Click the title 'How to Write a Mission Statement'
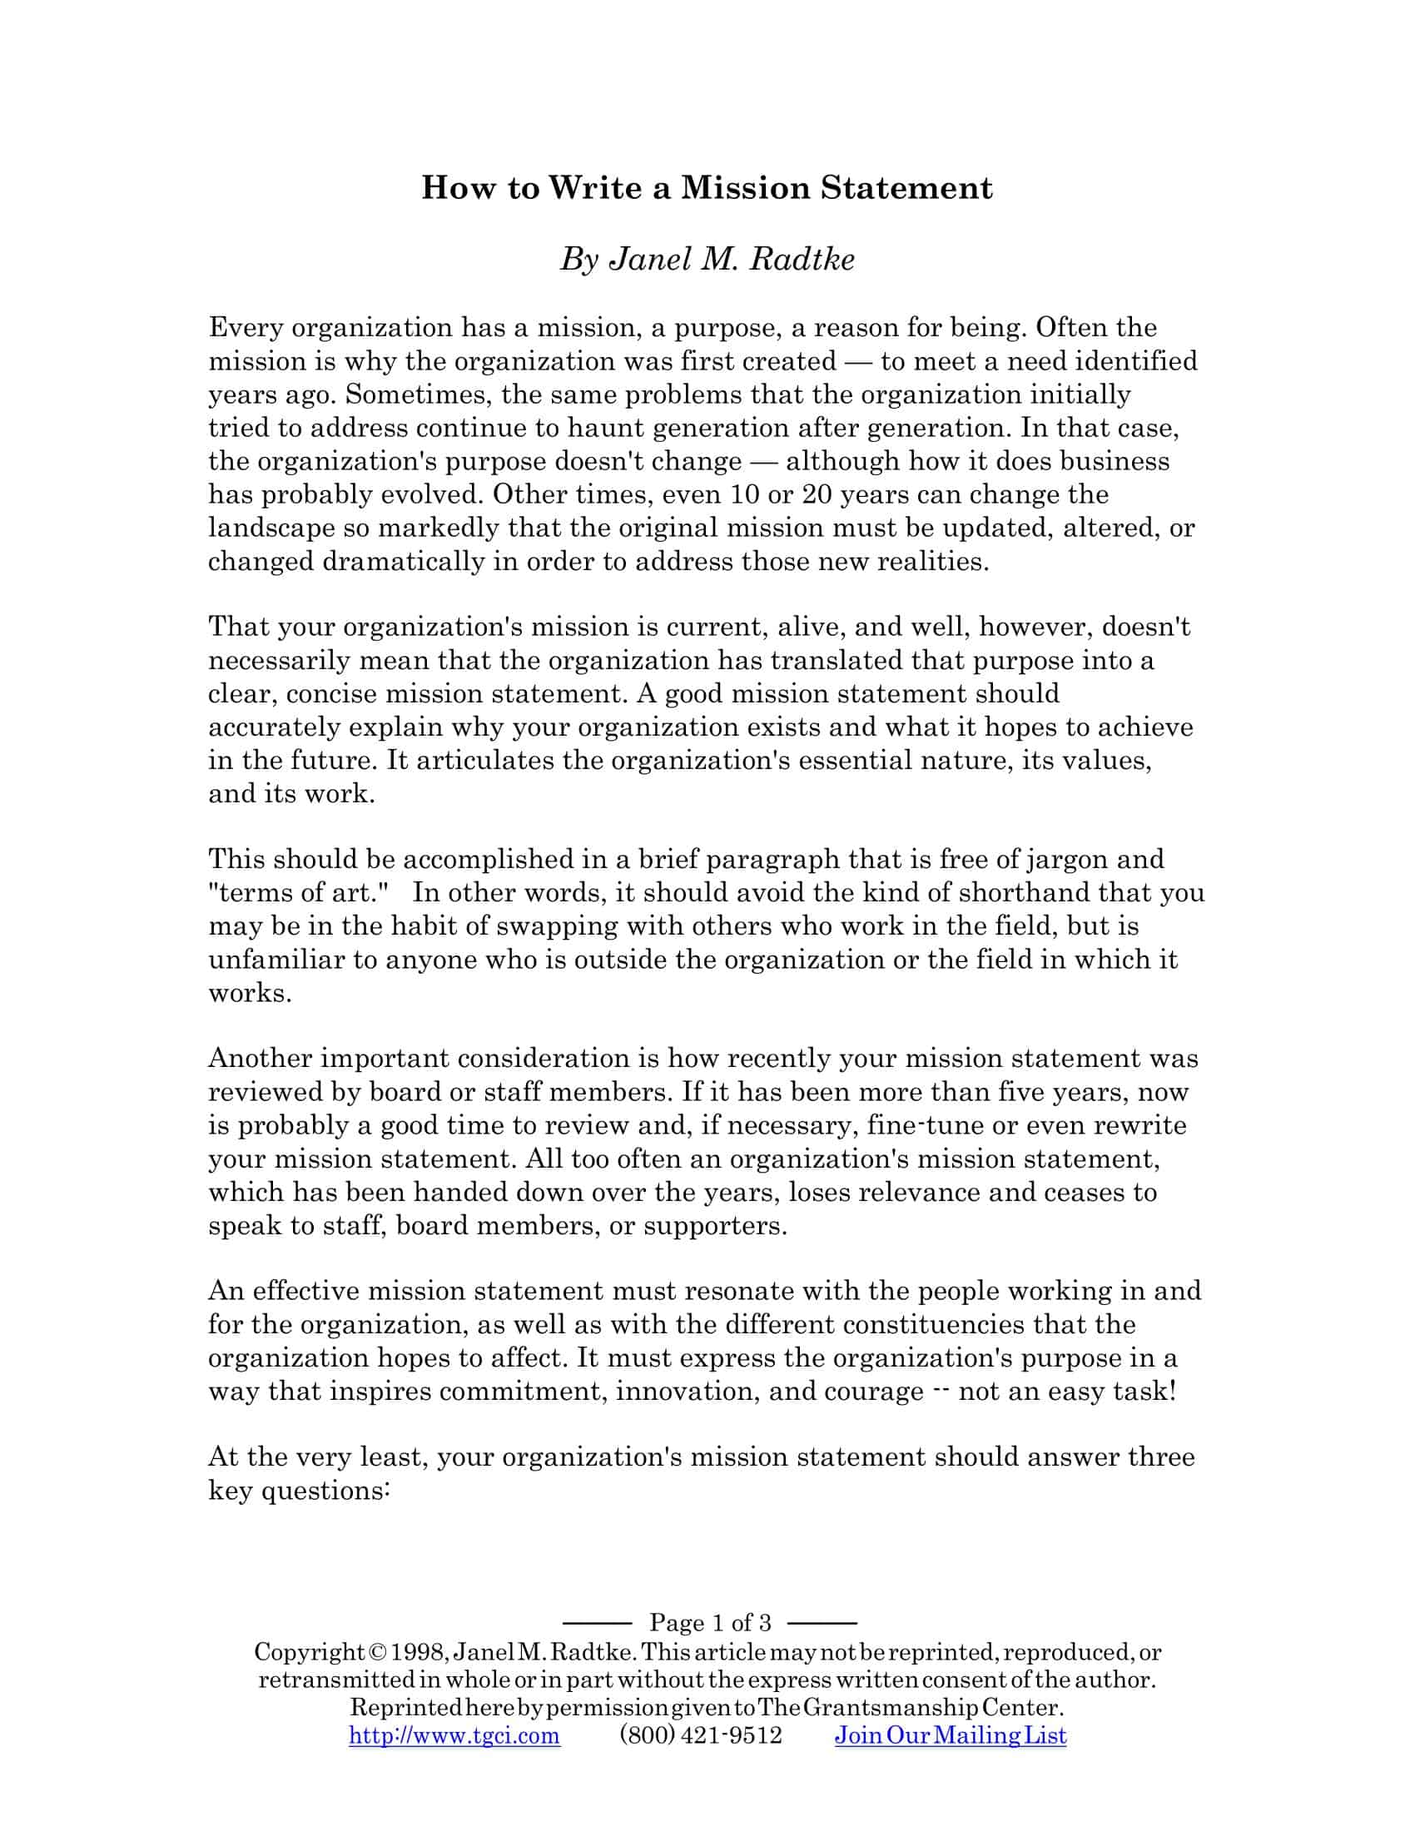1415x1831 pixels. tap(707, 188)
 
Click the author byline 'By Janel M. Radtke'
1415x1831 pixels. tap(707, 260)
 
